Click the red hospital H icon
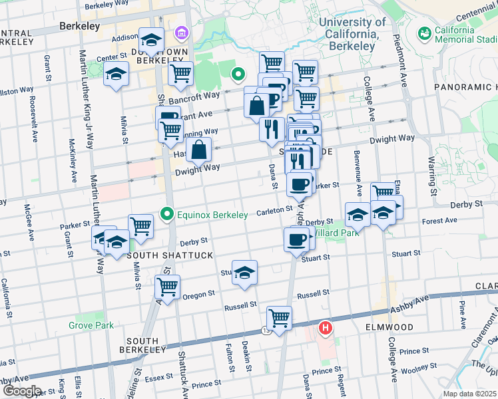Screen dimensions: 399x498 point(326,328)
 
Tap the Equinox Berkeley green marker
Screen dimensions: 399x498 point(167,214)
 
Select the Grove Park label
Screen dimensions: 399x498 point(91,325)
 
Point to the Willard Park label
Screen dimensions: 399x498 point(327,233)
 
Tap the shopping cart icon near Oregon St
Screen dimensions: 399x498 point(168,287)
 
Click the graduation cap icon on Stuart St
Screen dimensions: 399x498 point(245,273)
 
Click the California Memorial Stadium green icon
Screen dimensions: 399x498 point(424,33)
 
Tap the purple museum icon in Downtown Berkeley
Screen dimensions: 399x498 point(180,33)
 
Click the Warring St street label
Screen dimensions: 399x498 point(432,170)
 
